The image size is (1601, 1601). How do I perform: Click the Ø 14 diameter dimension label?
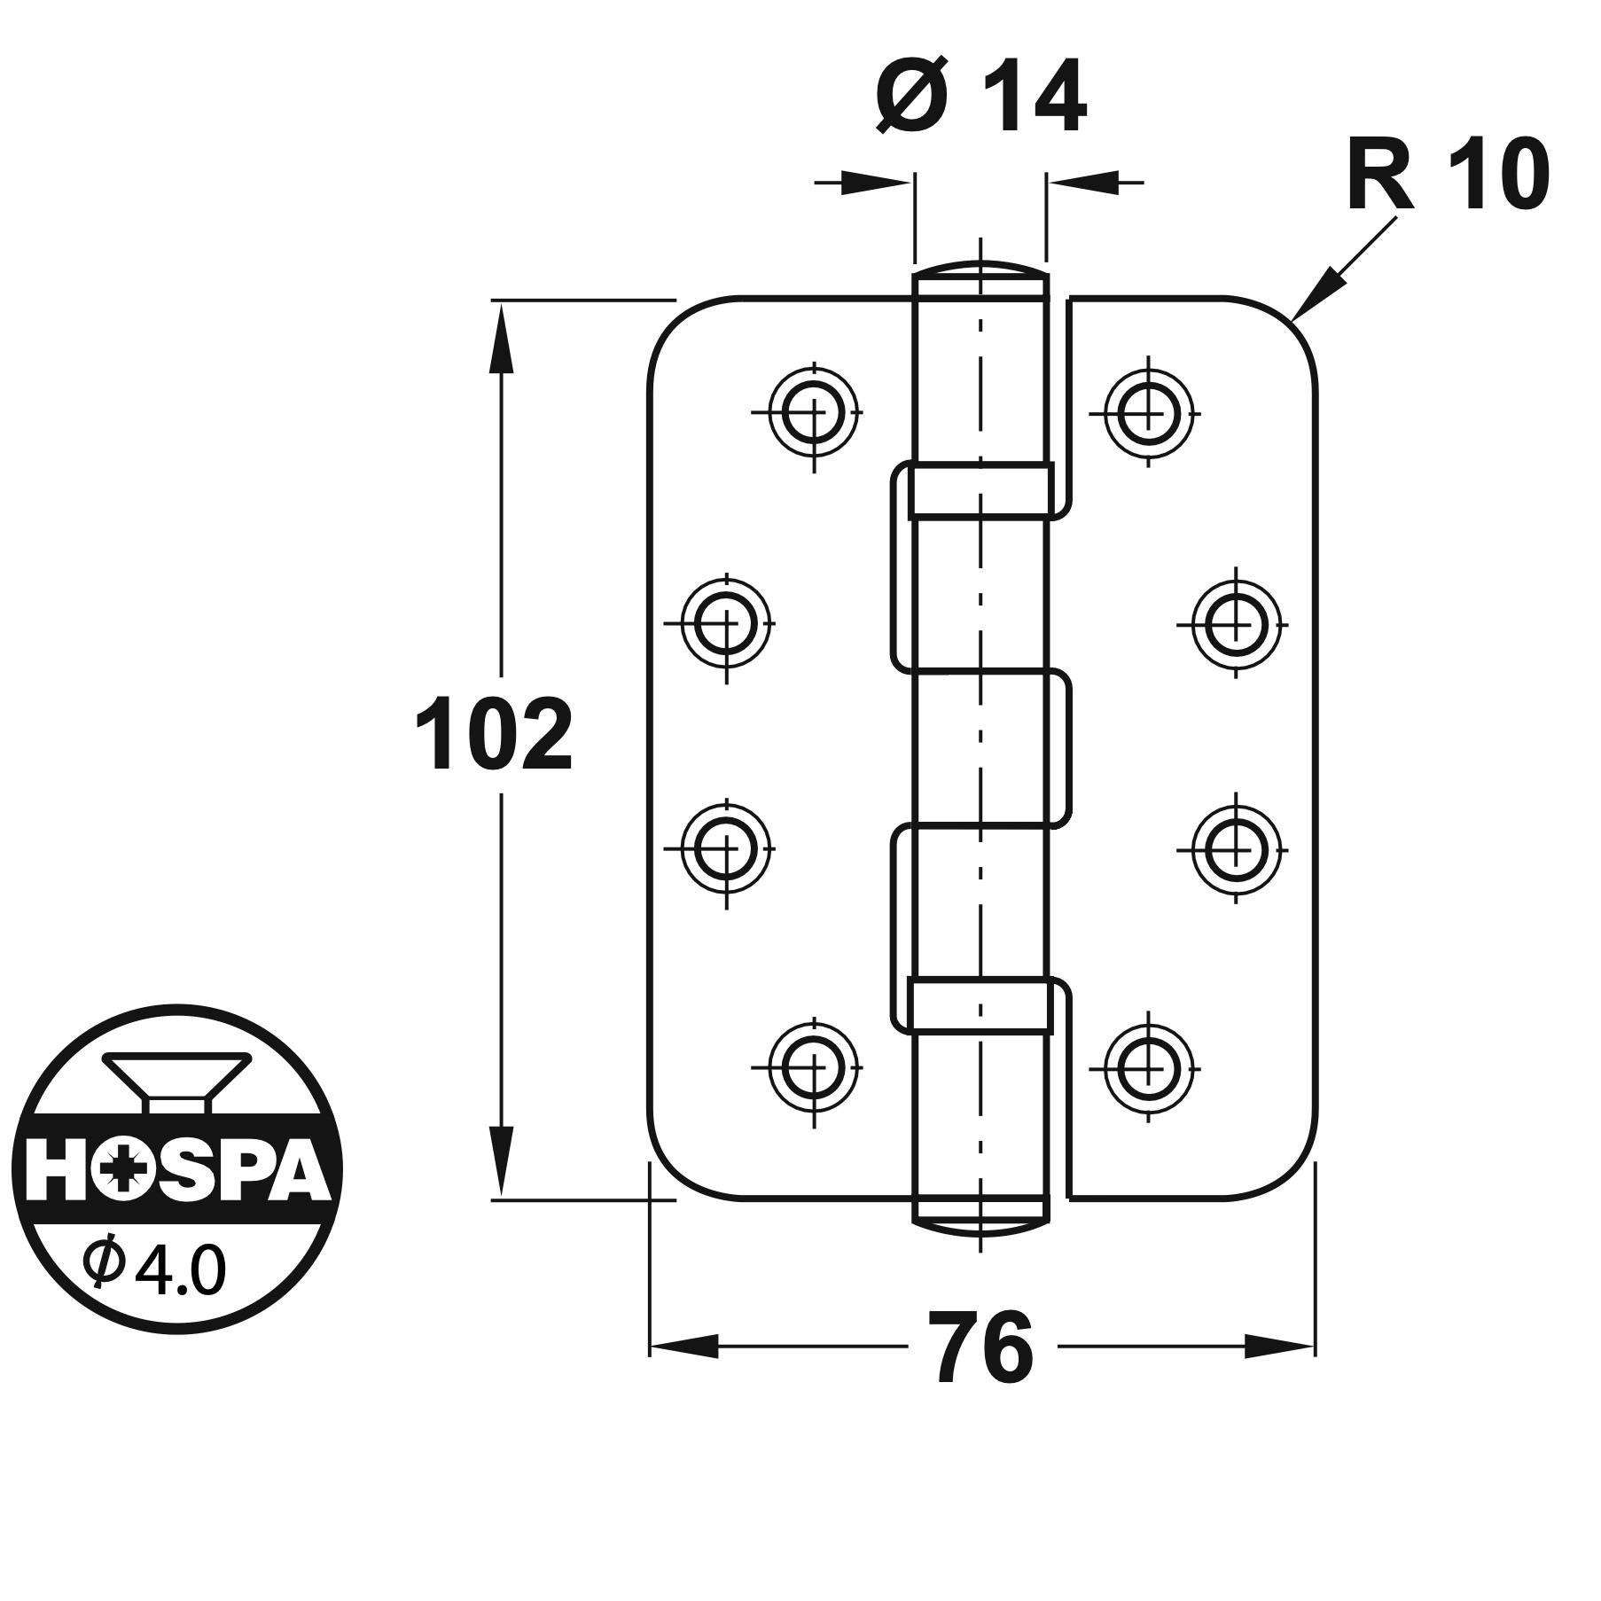click(980, 97)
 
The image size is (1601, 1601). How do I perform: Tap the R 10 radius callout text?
click(1447, 176)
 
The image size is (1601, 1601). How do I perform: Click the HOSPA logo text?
click(176, 1172)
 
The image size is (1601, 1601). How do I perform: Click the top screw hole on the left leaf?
click(814, 412)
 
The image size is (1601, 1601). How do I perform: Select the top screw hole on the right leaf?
click(1150, 412)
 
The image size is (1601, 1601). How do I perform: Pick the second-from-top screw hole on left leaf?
click(727, 624)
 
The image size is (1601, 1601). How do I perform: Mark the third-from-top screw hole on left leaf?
click(727, 848)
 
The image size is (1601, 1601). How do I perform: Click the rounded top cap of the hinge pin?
click(980, 269)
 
